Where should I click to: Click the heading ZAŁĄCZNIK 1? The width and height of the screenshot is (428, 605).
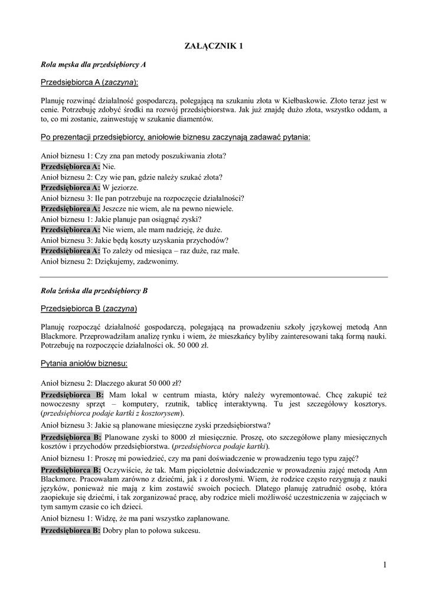214,46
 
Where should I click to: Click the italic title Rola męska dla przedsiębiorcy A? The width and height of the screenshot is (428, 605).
93,63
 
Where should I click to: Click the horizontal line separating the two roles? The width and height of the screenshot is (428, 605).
214,277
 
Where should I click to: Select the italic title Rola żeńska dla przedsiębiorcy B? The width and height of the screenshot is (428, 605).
94,291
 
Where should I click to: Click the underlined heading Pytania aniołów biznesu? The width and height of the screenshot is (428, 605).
84,362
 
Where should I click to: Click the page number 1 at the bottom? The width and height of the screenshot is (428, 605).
384,565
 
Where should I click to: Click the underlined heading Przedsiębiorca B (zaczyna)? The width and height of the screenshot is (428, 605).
89,308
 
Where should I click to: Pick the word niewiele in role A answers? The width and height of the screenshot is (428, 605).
219,209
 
